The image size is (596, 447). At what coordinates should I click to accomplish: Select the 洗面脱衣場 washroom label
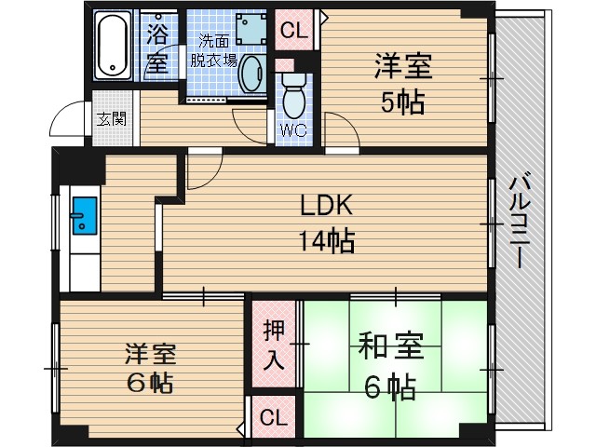click(x=214, y=52)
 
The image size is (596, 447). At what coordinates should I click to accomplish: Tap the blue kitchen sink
click(x=82, y=218)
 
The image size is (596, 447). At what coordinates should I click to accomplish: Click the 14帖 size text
click(x=325, y=240)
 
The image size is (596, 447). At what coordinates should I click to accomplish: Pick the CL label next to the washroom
click(x=294, y=30)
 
